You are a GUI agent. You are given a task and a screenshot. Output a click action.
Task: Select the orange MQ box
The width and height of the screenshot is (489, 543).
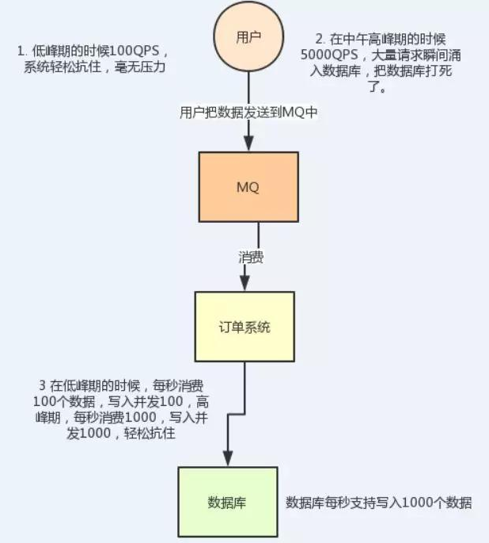point(248,187)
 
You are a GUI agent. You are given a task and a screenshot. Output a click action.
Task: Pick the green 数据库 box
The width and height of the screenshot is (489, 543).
point(228,502)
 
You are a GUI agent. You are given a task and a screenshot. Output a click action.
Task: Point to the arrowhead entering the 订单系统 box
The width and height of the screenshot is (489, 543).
point(244,284)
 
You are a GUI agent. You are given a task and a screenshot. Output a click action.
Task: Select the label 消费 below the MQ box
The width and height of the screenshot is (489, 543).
point(252,258)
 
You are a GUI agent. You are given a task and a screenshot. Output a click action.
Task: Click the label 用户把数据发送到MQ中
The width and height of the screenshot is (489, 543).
point(248,113)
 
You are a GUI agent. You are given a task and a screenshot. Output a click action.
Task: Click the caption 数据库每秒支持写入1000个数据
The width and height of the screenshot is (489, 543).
point(379,503)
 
